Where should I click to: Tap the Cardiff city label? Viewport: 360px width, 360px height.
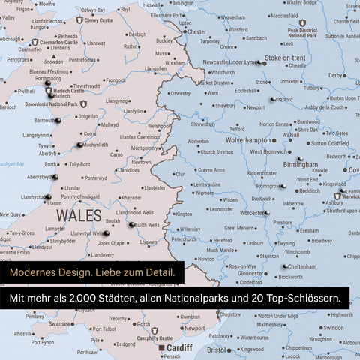tap(179, 347)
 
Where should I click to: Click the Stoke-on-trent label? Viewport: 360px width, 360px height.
tap(284, 57)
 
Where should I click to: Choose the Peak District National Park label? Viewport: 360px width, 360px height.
tap(301, 32)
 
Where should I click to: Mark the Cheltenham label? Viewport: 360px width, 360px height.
tap(301, 265)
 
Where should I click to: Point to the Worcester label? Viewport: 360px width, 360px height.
tap(253, 213)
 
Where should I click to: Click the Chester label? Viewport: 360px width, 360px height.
tap(196, 32)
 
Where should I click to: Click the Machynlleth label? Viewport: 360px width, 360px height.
tap(96, 145)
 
